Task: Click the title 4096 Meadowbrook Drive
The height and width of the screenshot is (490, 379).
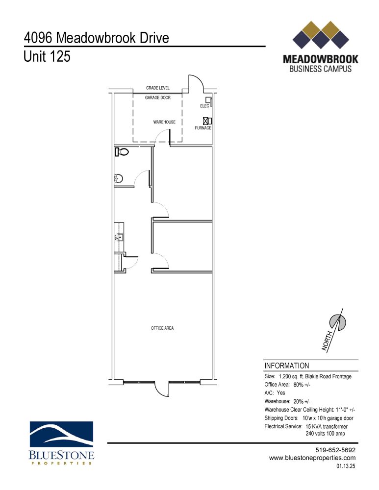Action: [x=96, y=38]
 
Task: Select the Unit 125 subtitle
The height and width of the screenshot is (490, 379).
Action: [x=47, y=57]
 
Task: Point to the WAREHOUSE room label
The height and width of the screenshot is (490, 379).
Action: [x=164, y=122]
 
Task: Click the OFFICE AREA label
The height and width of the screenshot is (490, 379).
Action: [x=162, y=328]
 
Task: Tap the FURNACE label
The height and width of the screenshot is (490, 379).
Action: [x=203, y=128]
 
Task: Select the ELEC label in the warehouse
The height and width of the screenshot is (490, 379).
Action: [x=204, y=106]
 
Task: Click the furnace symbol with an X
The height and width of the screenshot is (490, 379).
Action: [x=206, y=120]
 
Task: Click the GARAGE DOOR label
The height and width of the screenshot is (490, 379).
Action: [x=157, y=98]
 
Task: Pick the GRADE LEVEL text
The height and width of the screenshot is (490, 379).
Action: [x=157, y=88]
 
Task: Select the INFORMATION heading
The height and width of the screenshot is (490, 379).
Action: [x=287, y=366]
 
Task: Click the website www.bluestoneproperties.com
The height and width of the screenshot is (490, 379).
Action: [x=312, y=458]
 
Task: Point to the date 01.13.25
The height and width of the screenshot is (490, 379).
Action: [x=346, y=467]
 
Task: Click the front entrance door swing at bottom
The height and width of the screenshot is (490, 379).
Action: [x=161, y=390]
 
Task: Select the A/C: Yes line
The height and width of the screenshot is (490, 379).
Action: [x=275, y=393]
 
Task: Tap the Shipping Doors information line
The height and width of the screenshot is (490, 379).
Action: [x=309, y=418]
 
